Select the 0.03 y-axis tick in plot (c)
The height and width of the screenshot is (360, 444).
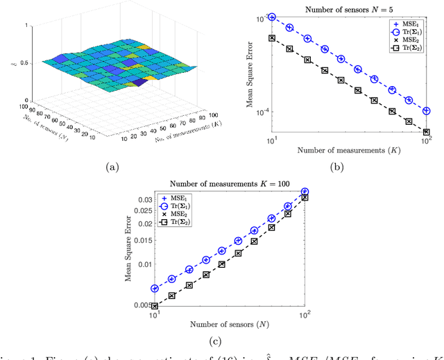(144, 200)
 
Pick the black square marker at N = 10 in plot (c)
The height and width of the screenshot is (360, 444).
(155, 306)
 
